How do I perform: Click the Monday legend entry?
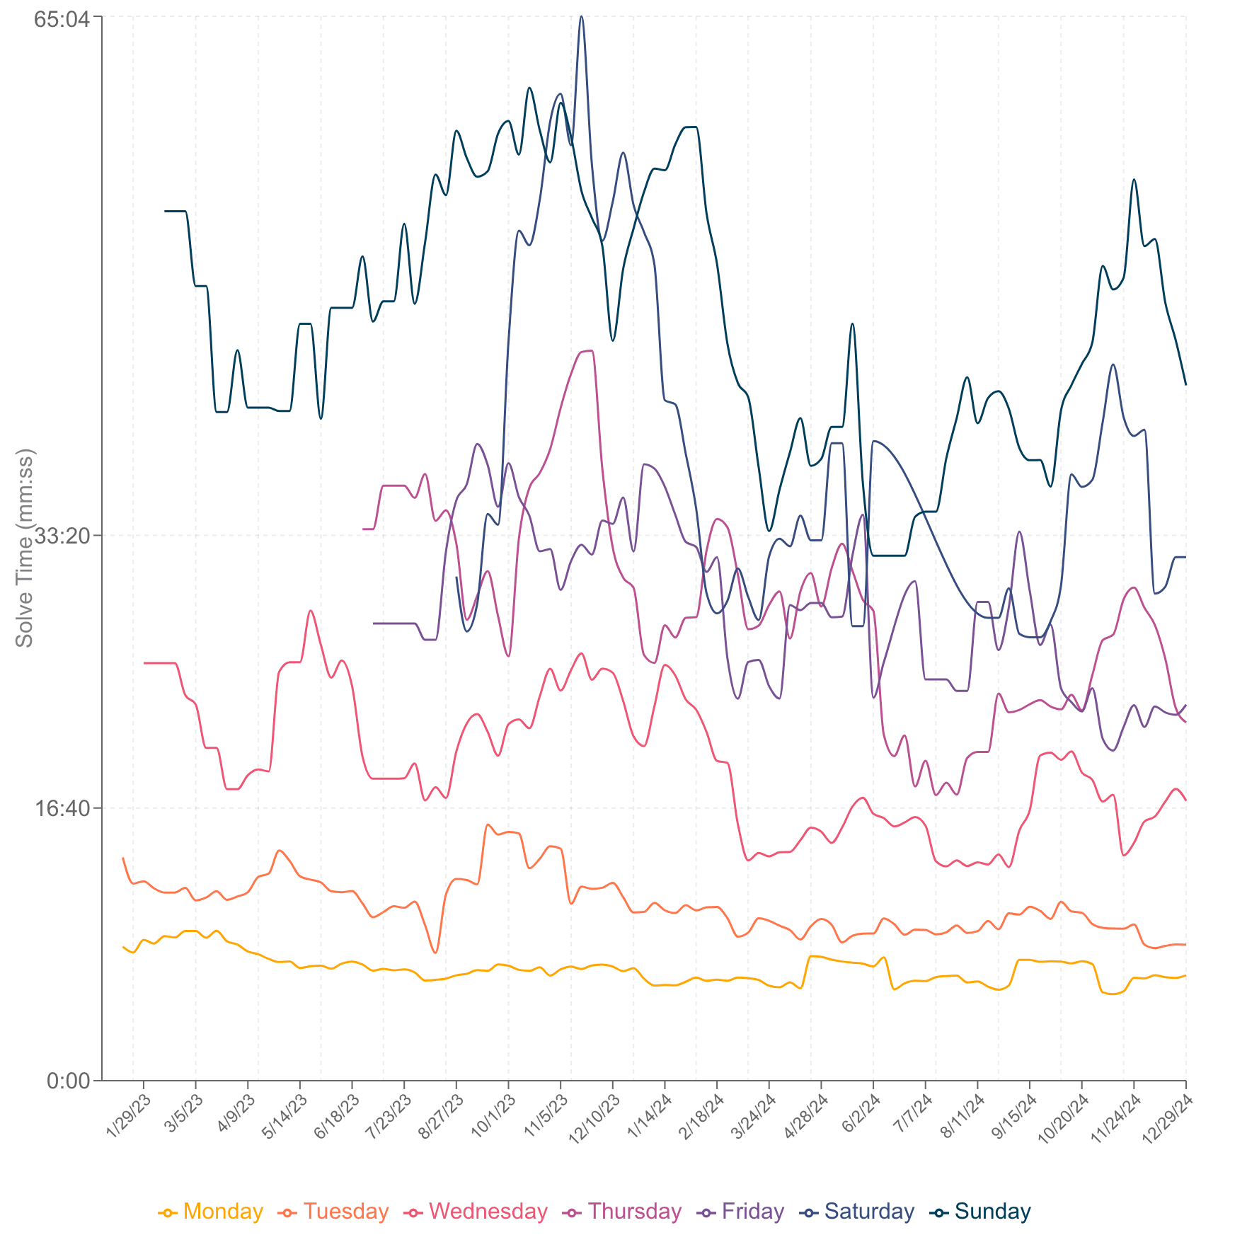click(x=211, y=1212)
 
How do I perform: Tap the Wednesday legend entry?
click(x=476, y=1212)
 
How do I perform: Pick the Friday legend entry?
click(x=741, y=1212)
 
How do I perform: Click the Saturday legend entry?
click(x=857, y=1212)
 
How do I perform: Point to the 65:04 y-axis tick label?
click(x=63, y=18)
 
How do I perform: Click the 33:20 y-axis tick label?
click(x=63, y=536)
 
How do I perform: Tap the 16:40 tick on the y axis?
click(x=63, y=808)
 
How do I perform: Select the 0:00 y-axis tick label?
click(x=69, y=1081)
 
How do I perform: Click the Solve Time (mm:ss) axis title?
click(x=25, y=548)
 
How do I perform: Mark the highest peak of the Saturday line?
click(x=581, y=17)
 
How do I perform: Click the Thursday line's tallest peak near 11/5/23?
click(x=588, y=350)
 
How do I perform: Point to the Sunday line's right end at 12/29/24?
click(x=1185, y=384)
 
